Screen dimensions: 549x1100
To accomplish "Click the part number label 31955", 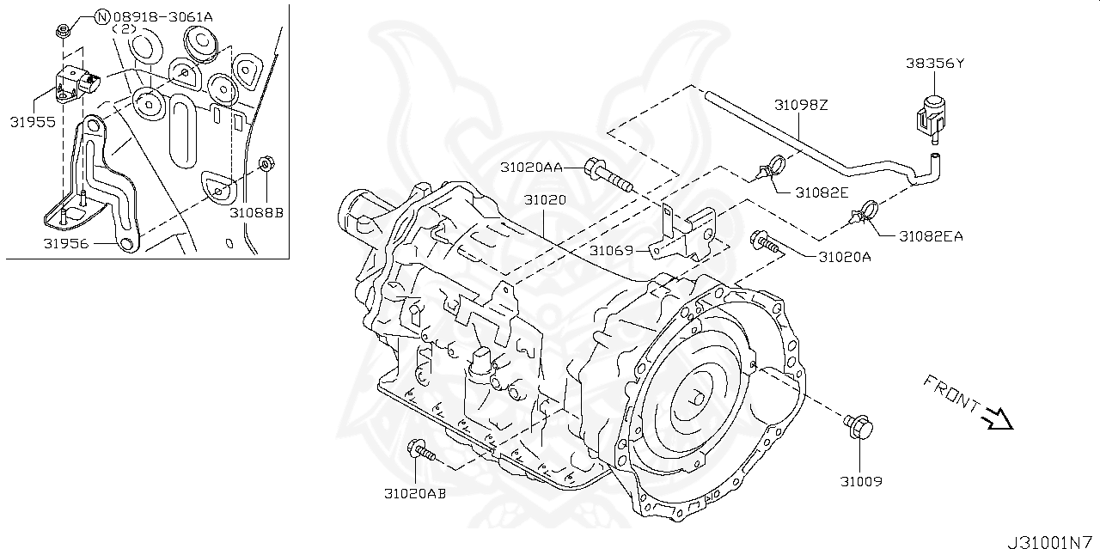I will (x=33, y=122).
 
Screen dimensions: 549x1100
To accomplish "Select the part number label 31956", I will (x=68, y=243).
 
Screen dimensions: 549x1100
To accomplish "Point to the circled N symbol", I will (x=102, y=15).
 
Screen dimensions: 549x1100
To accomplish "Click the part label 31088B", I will (x=256, y=211).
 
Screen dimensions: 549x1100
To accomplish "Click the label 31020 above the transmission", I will (x=546, y=200).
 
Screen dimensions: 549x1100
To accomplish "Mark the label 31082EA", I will (x=931, y=235).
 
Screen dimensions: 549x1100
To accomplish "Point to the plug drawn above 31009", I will (x=859, y=426).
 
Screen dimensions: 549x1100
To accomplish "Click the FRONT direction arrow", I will (x=998, y=418).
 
